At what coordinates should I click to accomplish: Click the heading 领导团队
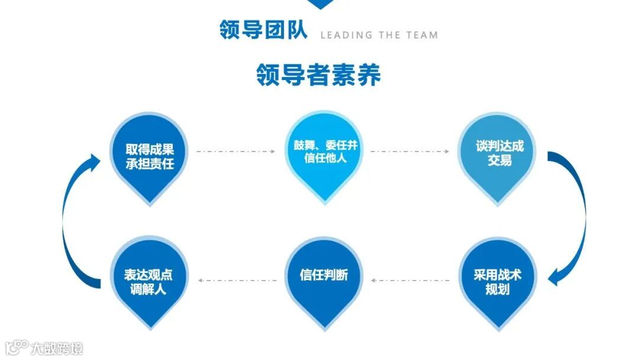pyautogui.click(x=263, y=30)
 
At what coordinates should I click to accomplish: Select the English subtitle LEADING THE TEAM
pyautogui.click(x=379, y=35)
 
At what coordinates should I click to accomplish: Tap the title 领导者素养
pyautogui.click(x=318, y=75)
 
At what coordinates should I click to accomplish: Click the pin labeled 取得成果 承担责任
pyautogui.click(x=150, y=155)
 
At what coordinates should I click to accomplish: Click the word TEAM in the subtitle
pyautogui.click(x=422, y=35)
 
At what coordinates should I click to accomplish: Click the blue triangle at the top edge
pyautogui.click(x=320, y=4)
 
